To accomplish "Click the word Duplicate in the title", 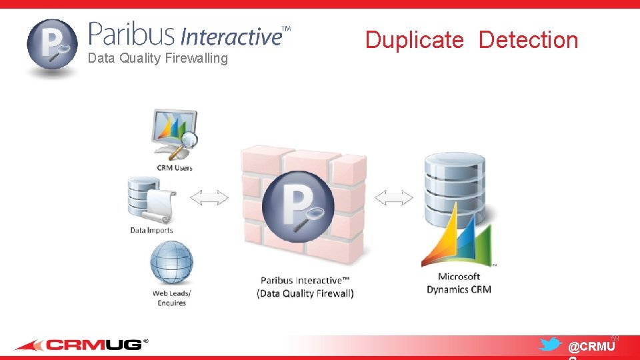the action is (x=414, y=40).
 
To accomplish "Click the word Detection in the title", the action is (x=528, y=40).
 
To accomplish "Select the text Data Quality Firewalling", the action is (x=157, y=59).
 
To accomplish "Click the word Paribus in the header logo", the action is (x=131, y=34).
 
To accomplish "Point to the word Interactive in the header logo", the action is (x=231, y=36).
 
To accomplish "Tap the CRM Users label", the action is (x=175, y=167).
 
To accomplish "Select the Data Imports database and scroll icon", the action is (x=151, y=200).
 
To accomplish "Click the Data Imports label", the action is (x=151, y=231).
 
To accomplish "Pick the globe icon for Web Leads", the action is (x=171, y=262).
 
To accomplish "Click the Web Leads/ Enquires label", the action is (x=171, y=298).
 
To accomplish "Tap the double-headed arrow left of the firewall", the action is (x=209, y=197).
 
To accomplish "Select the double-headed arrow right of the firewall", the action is (x=393, y=197).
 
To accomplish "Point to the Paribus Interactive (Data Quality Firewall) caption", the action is (x=305, y=287).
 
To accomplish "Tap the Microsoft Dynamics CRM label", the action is (x=459, y=283).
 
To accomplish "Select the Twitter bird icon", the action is (x=549, y=345).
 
